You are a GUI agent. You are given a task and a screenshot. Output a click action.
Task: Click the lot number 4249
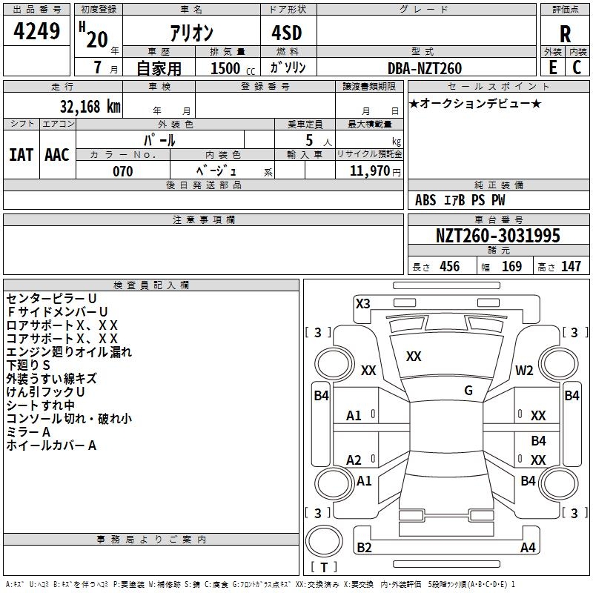coord(36,31)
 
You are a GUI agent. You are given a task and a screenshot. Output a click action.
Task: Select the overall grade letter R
coord(565,34)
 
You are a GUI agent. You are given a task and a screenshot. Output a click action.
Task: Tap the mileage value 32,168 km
coord(90,106)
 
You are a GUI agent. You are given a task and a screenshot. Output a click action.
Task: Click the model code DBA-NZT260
coord(425,68)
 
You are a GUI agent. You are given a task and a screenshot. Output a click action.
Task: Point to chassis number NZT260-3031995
coord(497,236)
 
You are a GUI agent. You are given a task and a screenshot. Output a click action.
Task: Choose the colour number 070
coord(122,171)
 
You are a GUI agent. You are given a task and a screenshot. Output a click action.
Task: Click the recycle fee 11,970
coord(369,171)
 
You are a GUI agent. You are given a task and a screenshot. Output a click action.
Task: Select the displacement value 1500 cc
coord(233,68)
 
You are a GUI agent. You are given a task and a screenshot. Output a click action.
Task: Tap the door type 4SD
coord(287,33)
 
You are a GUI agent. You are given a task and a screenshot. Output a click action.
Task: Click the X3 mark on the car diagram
coord(362,304)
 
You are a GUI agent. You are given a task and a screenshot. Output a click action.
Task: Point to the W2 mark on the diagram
coord(524,370)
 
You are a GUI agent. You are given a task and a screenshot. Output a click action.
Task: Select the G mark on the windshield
coord(468,391)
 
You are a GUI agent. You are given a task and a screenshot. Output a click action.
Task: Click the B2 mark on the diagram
coord(364,547)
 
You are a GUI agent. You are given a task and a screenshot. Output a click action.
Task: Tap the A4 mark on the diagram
coord(528,547)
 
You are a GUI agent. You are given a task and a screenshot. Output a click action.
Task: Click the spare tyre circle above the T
coord(324,541)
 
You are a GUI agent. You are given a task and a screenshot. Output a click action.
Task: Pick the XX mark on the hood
coord(414,357)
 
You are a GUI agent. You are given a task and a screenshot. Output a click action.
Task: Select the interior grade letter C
coord(577,67)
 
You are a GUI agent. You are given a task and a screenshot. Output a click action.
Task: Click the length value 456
coord(450,266)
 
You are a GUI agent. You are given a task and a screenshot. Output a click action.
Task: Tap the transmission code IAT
coord(21,155)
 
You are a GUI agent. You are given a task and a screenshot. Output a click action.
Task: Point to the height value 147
coord(571,266)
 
